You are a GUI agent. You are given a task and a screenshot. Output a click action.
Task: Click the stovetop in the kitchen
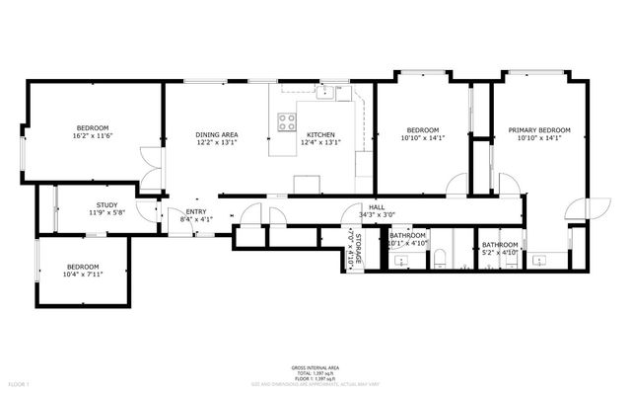click(x=287, y=121)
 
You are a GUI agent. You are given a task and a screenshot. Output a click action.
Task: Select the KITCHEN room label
click(x=320, y=134)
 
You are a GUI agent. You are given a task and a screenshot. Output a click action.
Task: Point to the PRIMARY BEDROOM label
click(x=539, y=130)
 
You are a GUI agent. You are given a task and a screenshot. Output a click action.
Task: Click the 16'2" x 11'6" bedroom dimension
click(x=93, y=135)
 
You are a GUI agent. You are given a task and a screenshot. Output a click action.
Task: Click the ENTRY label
click(x=196, y=211)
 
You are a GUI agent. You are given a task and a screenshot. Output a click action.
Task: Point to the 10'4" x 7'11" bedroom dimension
click(x=83, y=274)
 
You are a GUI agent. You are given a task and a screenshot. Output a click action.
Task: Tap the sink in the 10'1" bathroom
click(x=398, y=260)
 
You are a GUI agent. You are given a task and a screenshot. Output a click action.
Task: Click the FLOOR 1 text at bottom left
click(x=18, y=383)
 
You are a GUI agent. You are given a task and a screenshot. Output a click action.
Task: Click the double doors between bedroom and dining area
click(x=148, y=170)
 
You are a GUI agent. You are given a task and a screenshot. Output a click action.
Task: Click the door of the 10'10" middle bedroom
click(x=456, y=185)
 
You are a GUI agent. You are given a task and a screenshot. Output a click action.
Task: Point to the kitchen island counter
click(x=307, y=184)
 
